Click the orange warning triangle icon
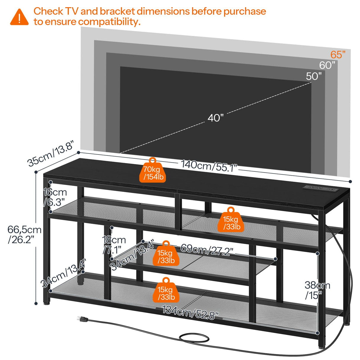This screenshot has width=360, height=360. (x=19, y=17)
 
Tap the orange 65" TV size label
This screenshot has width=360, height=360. (x=338, y=55)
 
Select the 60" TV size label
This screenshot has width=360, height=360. (x=327, y=65)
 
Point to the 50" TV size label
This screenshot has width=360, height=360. (x=314, y=76)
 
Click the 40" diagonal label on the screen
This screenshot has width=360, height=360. (x=215, y=118)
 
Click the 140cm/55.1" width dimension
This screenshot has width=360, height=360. (x=209, y=166)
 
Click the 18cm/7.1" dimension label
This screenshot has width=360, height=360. (x=114, y=245)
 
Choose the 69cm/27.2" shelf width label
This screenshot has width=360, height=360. (x=207, y=250)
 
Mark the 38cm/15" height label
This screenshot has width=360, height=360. (x=317, y=290)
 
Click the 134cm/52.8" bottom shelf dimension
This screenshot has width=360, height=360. (x=190, y=313)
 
